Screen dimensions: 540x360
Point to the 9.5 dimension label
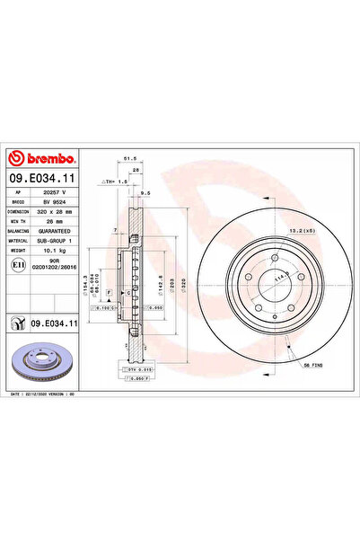pos(145,192)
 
